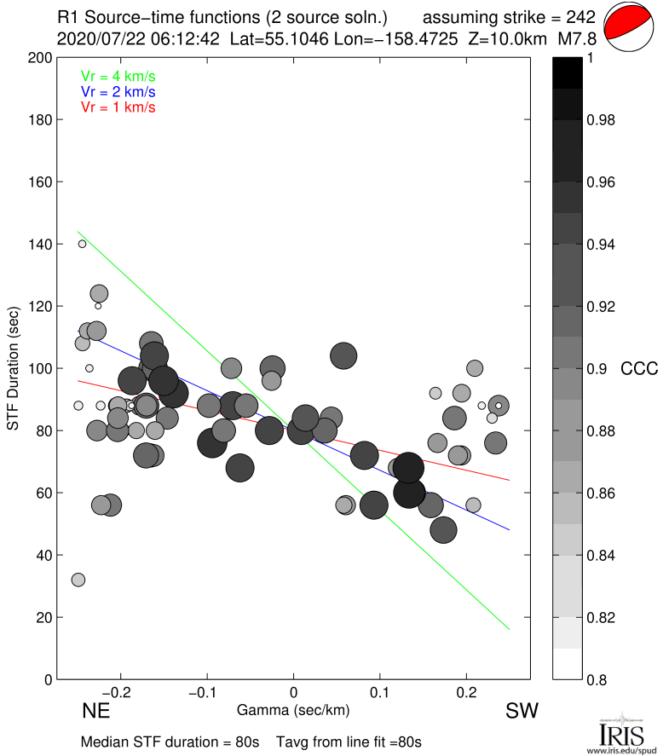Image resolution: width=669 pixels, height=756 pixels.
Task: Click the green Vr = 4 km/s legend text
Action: (118, 76)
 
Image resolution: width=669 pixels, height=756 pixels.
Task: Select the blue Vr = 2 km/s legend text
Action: (118, 91)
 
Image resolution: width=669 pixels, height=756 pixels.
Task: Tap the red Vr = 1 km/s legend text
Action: (118, 107)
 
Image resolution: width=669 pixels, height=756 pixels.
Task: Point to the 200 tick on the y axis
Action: (43, 58)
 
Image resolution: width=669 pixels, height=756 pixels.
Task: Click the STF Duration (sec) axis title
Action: (14, 368)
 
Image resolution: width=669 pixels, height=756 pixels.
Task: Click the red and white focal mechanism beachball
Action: (629, 26)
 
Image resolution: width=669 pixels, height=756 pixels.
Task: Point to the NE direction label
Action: (96, 711)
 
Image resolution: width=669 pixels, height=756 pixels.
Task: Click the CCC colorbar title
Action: (639, 368)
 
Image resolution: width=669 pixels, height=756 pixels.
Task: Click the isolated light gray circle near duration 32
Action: (78, 580)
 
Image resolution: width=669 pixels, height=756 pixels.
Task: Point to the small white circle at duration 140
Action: (83, 244)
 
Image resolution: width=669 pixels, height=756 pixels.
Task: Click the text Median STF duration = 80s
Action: (170, 742)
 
